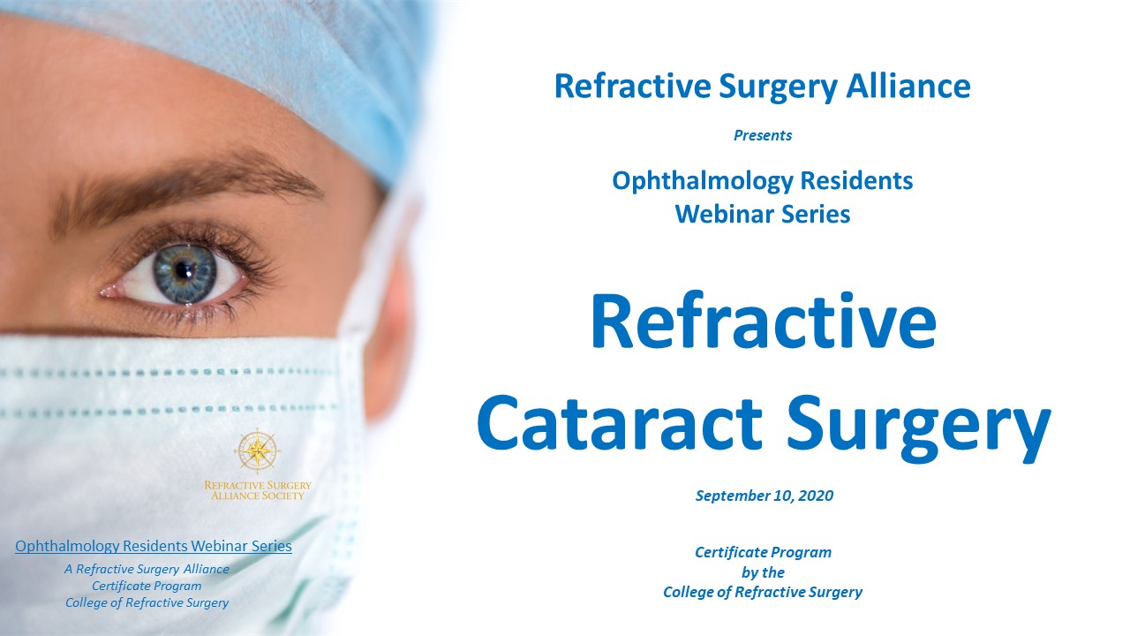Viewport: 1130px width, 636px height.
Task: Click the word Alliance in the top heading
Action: click(x=908, y=87)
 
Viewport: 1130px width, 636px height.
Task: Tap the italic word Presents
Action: click(x=763, y=135)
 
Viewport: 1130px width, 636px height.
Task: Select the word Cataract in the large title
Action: click(x=620, y=422)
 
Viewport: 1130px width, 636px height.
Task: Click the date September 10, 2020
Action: click(x=765, y=496)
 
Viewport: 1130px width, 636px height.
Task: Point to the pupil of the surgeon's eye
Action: click(x=185, y=271)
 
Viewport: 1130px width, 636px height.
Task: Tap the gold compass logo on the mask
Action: click(x=257, y=450)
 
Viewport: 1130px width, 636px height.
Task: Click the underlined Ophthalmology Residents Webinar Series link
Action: click(x=154, y=546)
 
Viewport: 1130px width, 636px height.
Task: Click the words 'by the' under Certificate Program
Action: click(x=763, y=572)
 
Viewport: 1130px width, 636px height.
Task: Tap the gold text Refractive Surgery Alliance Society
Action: click(x=257, y=490)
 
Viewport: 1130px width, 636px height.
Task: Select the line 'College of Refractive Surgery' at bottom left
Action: click(x=147, y=602)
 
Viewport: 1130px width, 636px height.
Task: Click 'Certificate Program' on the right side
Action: click(x=763, y=552)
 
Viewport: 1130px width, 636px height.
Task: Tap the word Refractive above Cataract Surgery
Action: click(x=764, y=321)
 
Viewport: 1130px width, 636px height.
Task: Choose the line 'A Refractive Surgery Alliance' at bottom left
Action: click(x=147, y=569)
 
